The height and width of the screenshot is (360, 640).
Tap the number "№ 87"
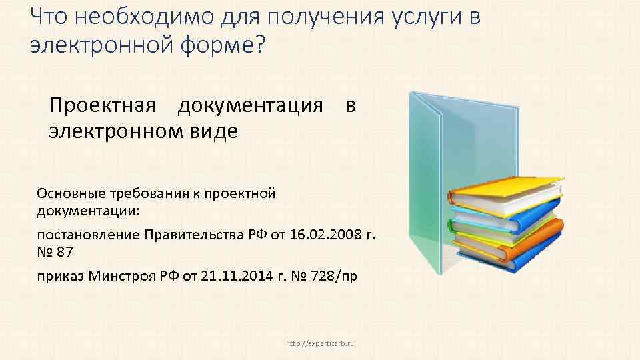click(x=55, y=252)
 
